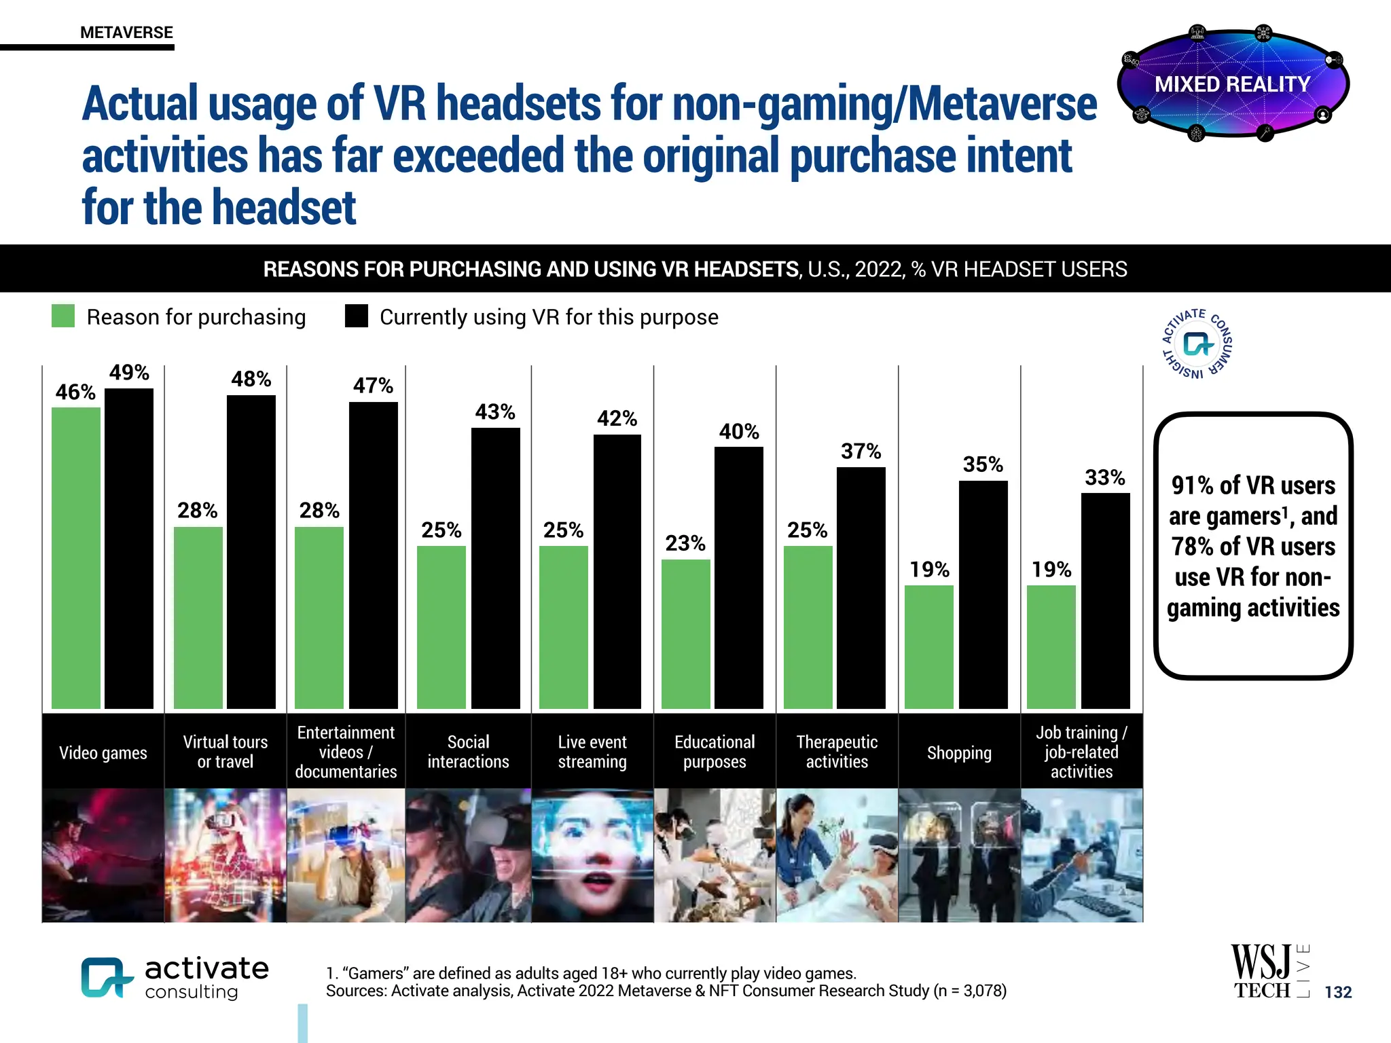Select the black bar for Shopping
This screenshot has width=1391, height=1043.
(x=983, y=595)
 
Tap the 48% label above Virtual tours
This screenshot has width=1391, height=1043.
(x=251, y=379)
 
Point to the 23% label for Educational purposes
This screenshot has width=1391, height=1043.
(x=685, y=543)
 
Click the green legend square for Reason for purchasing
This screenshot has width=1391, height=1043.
(x=63, y=316)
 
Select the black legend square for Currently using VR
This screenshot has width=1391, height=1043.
(x=356, y=316)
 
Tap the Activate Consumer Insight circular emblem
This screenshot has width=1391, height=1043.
(x=1197, y=344)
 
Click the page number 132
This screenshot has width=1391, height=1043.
(x=1337, y=992)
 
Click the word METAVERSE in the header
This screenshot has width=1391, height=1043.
(x=126, y=33)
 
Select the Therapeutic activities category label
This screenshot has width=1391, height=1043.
(x=837, y=752)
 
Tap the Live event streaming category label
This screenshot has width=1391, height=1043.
(x=592, y=752)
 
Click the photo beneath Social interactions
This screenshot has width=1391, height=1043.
(x=468, y=855)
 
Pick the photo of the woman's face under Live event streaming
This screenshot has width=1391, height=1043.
(x=592, y=855)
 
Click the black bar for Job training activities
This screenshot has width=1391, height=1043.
(x=1105, y=601)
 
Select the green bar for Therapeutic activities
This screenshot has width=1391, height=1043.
(x=808, y=627)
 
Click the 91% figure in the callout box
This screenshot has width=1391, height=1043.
(x=1193, y=486)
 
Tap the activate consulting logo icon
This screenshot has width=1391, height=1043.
(x=106, y=977)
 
